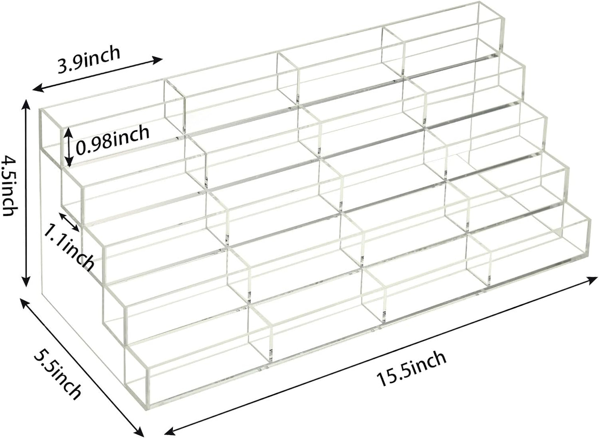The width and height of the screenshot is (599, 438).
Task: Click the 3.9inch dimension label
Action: [89, 60]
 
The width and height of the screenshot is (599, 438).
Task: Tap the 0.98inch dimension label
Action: [112, 140]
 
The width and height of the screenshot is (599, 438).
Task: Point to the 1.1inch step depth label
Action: [68, 246]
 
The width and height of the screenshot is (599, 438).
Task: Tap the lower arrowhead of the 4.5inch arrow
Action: [26, 281]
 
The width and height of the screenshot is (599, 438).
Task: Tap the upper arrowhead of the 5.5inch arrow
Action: [24, 303]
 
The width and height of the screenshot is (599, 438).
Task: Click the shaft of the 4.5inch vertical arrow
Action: [26, 193]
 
